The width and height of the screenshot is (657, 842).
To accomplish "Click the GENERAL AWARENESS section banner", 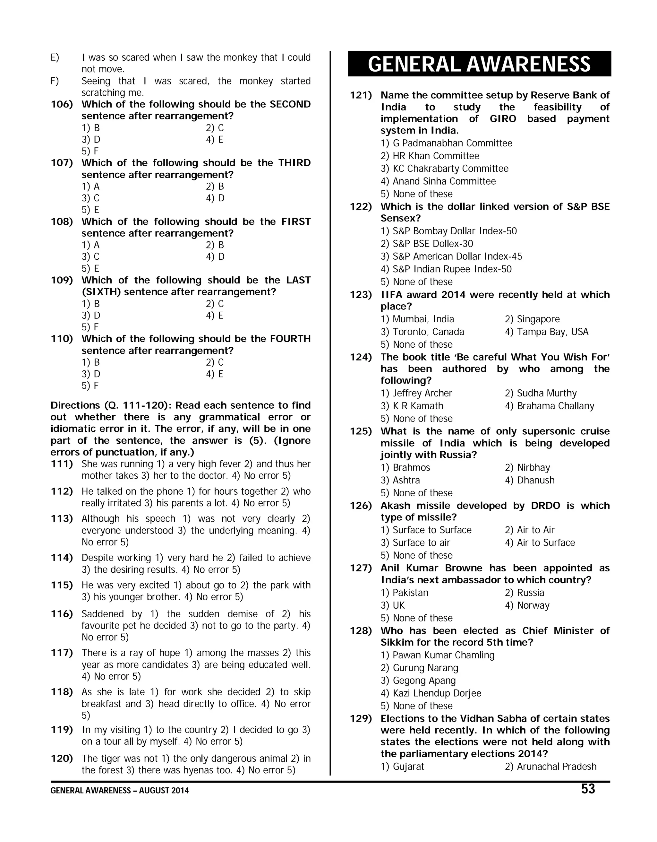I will tap(479, 64).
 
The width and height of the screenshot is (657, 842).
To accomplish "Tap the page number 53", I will tap(588, 789).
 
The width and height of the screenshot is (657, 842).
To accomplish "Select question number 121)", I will tap(361, 95).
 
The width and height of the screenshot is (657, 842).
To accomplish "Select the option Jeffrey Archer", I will tap(422, 393).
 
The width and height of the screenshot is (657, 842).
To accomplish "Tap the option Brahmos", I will tap(411, 467).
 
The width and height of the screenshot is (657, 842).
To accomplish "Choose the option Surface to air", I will tap(421, 543).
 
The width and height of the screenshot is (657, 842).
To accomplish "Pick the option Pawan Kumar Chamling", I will tap(443, 655).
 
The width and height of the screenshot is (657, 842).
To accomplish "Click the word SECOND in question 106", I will tap(290, 104).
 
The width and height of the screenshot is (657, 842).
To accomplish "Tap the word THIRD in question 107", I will tap(294, 163).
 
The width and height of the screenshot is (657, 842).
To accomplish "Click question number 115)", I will tap(62, 585).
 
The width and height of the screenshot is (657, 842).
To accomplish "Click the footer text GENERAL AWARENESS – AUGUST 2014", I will tap(119, 790).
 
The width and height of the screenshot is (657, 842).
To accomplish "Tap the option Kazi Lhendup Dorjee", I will tap(437, 693).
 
